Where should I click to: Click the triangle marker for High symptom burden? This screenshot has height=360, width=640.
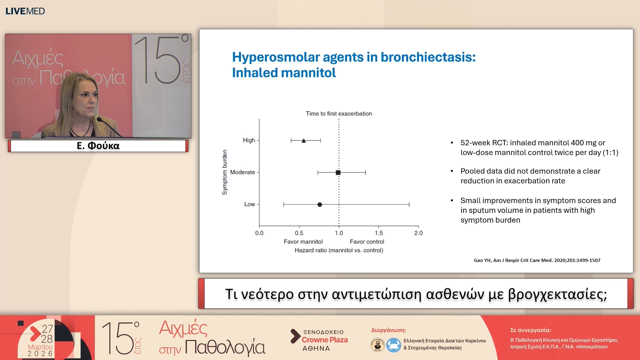[x=304, y=141]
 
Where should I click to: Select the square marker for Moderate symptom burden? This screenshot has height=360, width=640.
[x=338, y=173]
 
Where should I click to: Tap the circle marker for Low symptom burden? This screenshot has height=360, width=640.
[x=320, y=205]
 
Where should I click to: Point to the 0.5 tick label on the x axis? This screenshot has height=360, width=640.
[x=299, y=233]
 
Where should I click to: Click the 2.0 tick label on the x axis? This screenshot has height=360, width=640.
[x=418, y=233]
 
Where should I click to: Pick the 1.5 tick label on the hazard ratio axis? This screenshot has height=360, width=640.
[x=379, y=233]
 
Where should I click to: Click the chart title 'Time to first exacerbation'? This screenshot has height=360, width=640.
[x=339, y=114]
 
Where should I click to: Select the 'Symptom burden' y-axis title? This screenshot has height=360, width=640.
[x=225, y=172]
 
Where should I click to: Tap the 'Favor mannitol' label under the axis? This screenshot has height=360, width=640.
[x=303, y=242]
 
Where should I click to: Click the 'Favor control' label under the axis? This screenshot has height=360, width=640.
[x=367, y=242]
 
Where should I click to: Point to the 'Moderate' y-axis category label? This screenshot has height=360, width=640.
[x=242, y=172]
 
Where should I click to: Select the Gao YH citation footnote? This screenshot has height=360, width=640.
[x=537, y=260]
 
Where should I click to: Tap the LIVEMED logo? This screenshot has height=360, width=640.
[x=25, y=11]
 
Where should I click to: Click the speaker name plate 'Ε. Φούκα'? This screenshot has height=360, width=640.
[x=98, y=146]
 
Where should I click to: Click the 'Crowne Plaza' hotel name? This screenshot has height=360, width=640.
[x=325, y=340]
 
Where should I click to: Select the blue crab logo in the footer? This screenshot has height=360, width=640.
[x=394, y=345]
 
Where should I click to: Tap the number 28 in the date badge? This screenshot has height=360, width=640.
[x=47, y=339]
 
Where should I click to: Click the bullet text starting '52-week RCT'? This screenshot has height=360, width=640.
[x=539, y=148]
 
